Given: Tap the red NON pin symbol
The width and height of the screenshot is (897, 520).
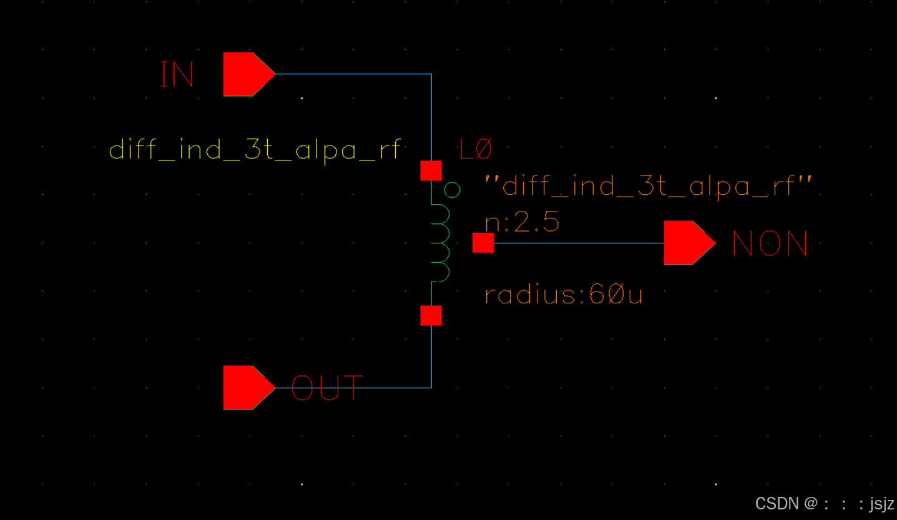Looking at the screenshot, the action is (x=687, y=242).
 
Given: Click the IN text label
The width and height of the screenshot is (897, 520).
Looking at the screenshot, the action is (x=177, y=74).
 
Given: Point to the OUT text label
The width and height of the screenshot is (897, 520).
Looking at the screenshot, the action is (x=326, y=388).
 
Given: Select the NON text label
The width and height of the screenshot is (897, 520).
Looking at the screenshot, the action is (x=770, y=243).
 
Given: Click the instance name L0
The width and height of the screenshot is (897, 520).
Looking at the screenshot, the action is (x=475, y=150).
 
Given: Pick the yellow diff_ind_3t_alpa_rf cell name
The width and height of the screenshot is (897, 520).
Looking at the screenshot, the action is (x=255, y=150).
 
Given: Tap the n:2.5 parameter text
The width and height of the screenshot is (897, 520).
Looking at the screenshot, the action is (x=522, y=222).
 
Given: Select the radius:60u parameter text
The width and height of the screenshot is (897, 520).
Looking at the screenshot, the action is (x=563, y=294).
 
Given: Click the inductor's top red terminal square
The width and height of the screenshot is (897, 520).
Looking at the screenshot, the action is (x=431, y=170).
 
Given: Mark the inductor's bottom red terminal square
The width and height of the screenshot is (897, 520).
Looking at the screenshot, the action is (x=431, y=315).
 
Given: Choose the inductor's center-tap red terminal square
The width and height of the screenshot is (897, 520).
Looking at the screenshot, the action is (x=483, y=243).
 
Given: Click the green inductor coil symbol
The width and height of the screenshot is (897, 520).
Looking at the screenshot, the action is (x=441, y=243).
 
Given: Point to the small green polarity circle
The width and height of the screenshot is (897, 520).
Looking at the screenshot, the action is (x=452, y=189).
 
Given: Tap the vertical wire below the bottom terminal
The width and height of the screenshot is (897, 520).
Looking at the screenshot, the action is (x=431, y=356).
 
